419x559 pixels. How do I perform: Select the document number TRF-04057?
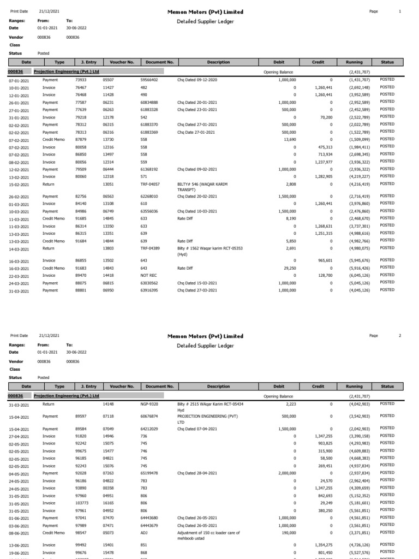[150, 185]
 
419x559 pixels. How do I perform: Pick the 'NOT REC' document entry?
[148, 276]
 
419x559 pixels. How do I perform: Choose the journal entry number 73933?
[81, 80]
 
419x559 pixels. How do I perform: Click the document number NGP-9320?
[149, 405]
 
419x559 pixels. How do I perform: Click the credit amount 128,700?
[325, 276]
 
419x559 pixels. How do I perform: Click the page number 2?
[400, 335]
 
